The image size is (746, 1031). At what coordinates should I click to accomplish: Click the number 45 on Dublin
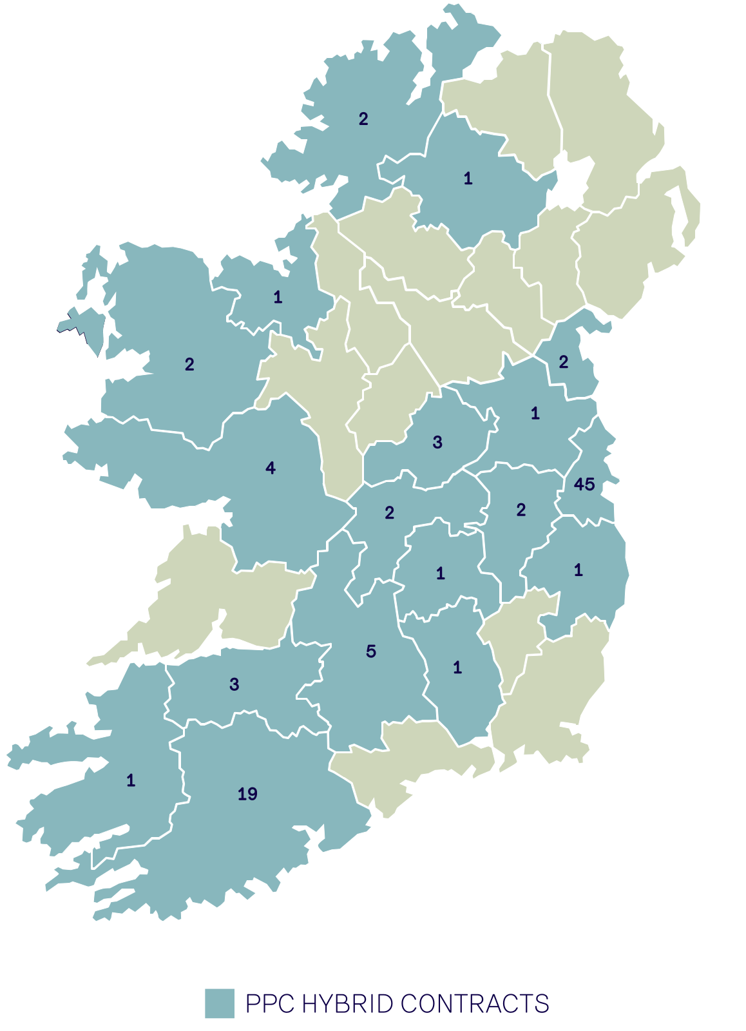pyautogui.click(x=584, y=484)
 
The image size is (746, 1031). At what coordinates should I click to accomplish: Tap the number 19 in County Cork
pyautogui.click(x=247, y=794)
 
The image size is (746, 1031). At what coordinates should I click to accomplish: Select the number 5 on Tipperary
pyautogui.click(x=371, y=651)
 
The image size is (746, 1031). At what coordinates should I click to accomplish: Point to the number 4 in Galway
pyautogui.click(x=271, y=468)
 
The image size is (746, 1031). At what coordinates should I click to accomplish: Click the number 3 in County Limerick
pyautogui.click(x=234, y=684)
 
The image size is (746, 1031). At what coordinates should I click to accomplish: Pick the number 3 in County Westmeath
pyautogui.click(x=437, y=442)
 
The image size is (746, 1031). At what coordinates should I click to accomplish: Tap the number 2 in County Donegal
pyautogui.click(x=363, y=119)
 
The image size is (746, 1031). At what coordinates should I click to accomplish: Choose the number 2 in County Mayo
pyautogui.click(x=189, y=365)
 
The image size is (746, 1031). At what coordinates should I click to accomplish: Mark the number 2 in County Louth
pyautogui.click(x=564, y=362)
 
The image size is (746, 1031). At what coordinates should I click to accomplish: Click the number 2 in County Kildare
pyautogui.click(x=521, y=510)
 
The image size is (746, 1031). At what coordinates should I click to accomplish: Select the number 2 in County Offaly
pyautogui.click(x=389, y=513)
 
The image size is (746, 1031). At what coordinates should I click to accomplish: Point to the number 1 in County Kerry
pyautogui.click(x=131, y=781)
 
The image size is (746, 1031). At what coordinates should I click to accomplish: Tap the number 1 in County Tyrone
pyautogui.click(x=468, y=178)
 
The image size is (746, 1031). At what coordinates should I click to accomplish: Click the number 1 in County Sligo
pyautogui.click(x=278, y=297)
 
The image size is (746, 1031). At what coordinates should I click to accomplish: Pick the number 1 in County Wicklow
pyautogui.click(x=579, y=570)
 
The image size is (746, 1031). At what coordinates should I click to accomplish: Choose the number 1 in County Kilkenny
pyautogui.click(x=457, y=668)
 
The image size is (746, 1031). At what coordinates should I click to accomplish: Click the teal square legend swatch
pyautogui.click(x=220, y=1003)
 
